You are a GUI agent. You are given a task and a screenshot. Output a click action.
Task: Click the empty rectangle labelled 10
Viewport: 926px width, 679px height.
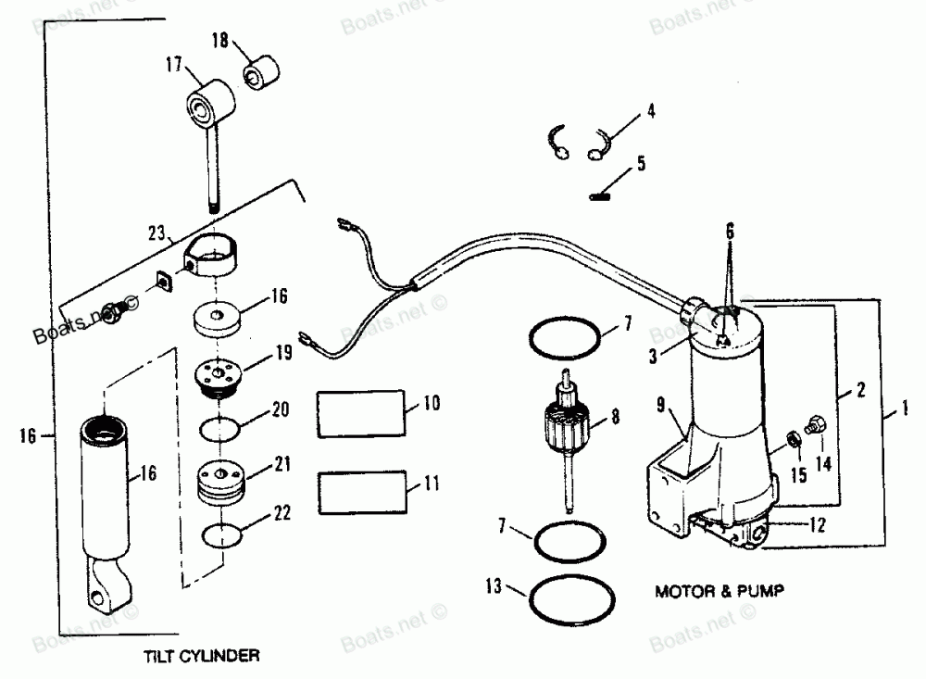(x=362, y=412)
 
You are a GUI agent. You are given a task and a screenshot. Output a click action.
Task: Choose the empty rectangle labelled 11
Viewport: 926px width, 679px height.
(x=362, y=490)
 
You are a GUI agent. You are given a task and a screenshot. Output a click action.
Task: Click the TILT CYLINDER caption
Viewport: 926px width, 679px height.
(x=201, y=656)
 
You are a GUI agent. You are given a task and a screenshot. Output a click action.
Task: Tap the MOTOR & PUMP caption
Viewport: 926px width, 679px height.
(x=713, y=589)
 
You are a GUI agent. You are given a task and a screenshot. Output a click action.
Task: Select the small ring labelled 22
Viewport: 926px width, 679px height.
(x=222, y=535)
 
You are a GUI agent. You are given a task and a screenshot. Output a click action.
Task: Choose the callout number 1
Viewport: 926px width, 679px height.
(x=905, y=406)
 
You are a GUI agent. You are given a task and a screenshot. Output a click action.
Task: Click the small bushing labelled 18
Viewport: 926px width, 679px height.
(x=259, y=72)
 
